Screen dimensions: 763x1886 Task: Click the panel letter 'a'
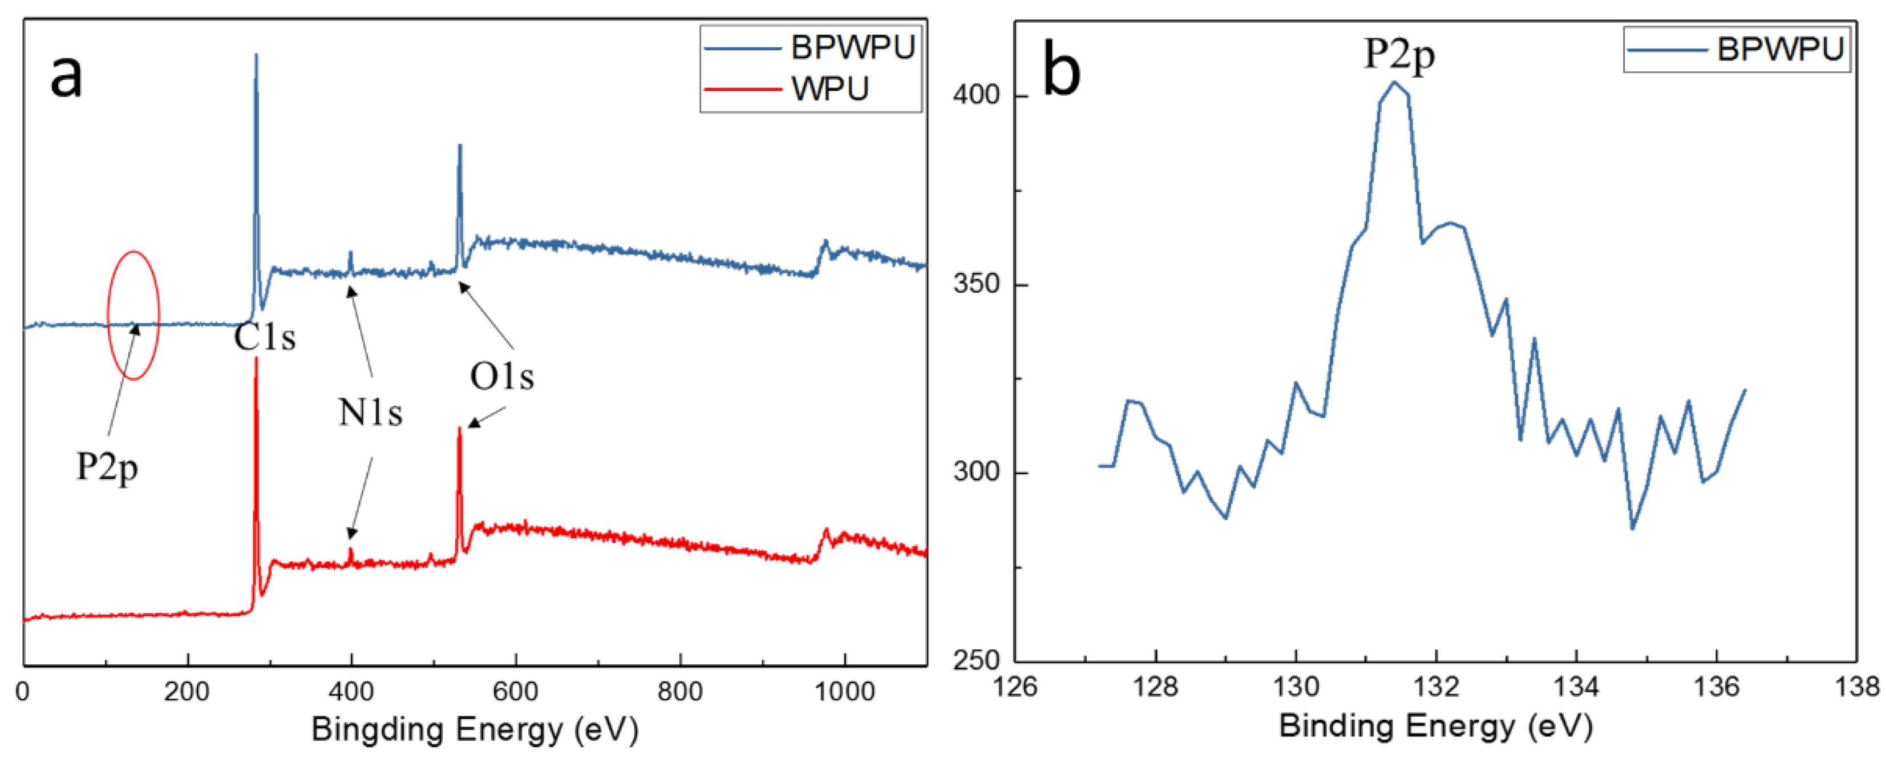(66, 76)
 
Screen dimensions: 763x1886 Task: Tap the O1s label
(501, 377)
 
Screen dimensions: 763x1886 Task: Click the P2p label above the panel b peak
(1398, 54)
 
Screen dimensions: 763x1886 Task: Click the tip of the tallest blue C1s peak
(256, 55)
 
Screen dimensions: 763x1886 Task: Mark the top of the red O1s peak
(459, 429)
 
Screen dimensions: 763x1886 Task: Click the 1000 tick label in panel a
(845, 691)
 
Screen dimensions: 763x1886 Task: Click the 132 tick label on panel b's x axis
(1436, 687)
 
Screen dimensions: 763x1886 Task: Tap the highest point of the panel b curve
(1394, 82)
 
